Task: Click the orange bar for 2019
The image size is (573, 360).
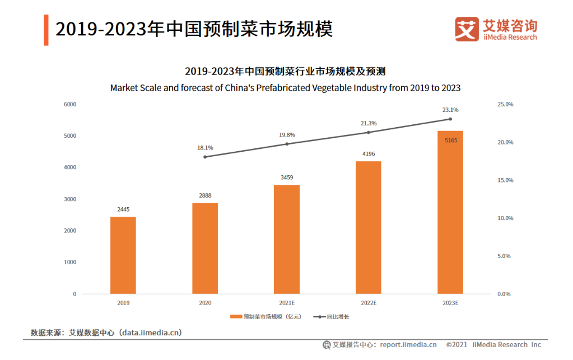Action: [x=123, y=255]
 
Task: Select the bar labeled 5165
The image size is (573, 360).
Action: [x=450, y=212]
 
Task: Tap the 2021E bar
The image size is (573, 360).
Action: [x=286, y=239]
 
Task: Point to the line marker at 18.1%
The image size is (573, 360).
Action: [x=205, y=157]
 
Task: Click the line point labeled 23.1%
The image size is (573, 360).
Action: [x=450, y=119]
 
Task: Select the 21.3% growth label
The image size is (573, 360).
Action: [x=368, y=123]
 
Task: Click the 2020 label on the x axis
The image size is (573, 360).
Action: [x=205, y=303]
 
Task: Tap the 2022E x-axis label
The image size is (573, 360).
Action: [x=368, y=303]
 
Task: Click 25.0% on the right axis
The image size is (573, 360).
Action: [x=505, y=105]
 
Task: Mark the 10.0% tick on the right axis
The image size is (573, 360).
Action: [x=505, y=218]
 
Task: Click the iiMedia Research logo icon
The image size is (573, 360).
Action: [x=467, y=29]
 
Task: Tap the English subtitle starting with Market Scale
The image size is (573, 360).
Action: [x=285, y=88]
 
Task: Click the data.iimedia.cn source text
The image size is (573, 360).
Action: [x=149, y=333]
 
